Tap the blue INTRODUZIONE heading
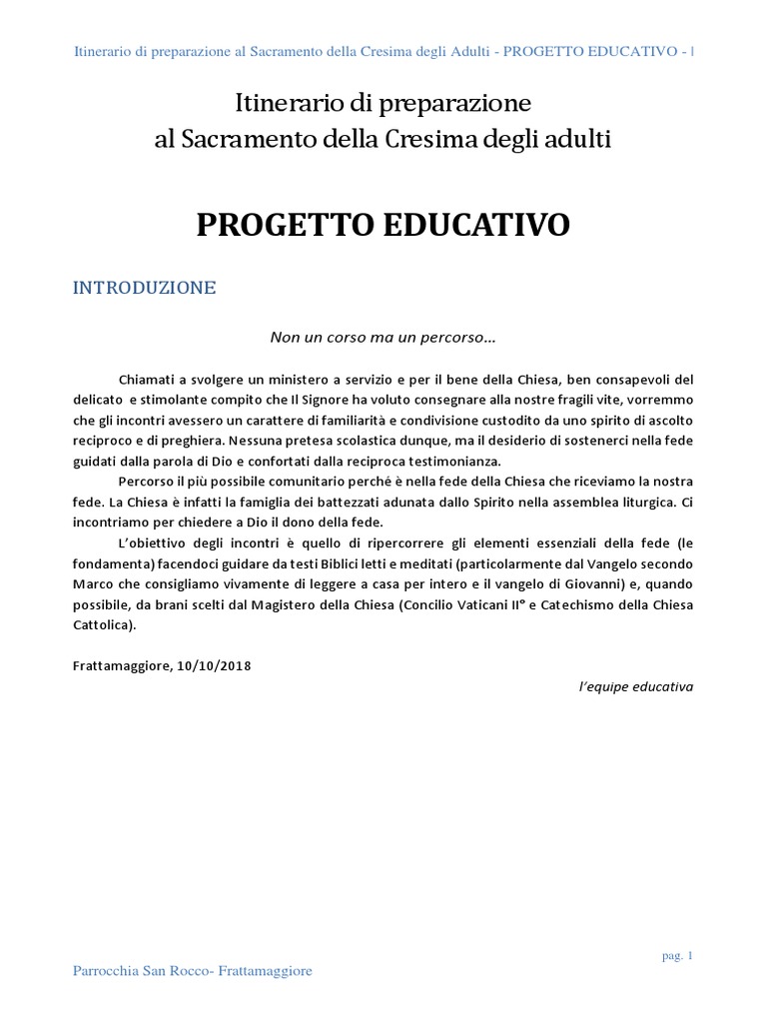[145, 288]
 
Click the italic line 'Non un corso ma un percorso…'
[383, 338]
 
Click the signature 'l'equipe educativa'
[636, 687]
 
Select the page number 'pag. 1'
[677, 956]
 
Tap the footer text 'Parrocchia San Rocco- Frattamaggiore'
[193, 972]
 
